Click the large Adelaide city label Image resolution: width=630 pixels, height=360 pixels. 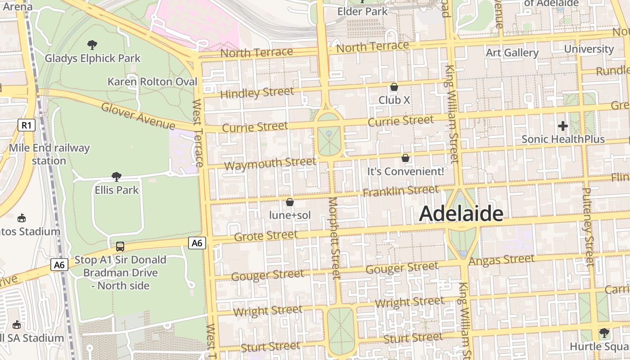(461, 214)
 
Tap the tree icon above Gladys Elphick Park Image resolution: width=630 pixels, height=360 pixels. (92, 45)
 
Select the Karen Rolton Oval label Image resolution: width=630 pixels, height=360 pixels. (152, 81)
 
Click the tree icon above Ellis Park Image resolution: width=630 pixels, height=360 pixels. (117, 176)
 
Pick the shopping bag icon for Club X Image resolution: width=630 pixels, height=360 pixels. (394, 87)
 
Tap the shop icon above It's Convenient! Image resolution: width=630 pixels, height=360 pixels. (405, 158)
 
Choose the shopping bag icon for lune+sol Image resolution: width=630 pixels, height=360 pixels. (290, 202)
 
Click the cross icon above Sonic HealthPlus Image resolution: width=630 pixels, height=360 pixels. (562, 126)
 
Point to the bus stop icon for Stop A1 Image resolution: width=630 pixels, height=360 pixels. (120, 247)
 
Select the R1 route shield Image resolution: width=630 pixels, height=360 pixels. (27, 125)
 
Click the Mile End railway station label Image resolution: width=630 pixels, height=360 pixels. (49, 154)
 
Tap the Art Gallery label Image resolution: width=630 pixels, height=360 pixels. (512, 53)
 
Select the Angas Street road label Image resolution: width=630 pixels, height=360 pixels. (501, 260)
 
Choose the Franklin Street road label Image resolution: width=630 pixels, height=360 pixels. (400, 191)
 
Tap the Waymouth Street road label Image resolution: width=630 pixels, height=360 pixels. (270, 164)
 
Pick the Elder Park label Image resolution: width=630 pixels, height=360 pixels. (362, 11)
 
